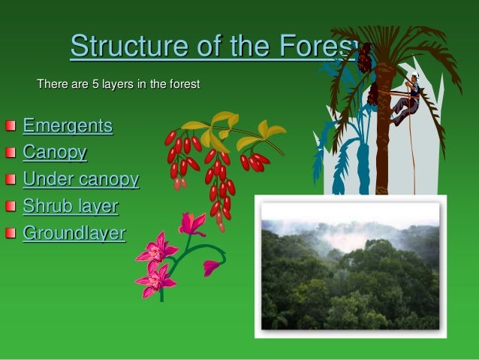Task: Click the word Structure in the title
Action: [x=120, y=47]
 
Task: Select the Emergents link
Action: [x=68, y=126]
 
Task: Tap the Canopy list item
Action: [x=55, y=153]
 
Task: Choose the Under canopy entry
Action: [x=80, y=180]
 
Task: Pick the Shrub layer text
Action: [x=71, y=206]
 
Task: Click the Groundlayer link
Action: [x=74, y=233]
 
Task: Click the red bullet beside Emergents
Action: [x=9, y=126]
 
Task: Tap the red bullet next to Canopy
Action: [x=9, y=153]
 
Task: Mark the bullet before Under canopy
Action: [x=9, y=180]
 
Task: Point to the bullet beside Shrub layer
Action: [x=9, y=207]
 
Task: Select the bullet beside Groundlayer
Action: [x=9, y=234]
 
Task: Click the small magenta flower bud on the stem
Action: [x=212, y=266]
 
